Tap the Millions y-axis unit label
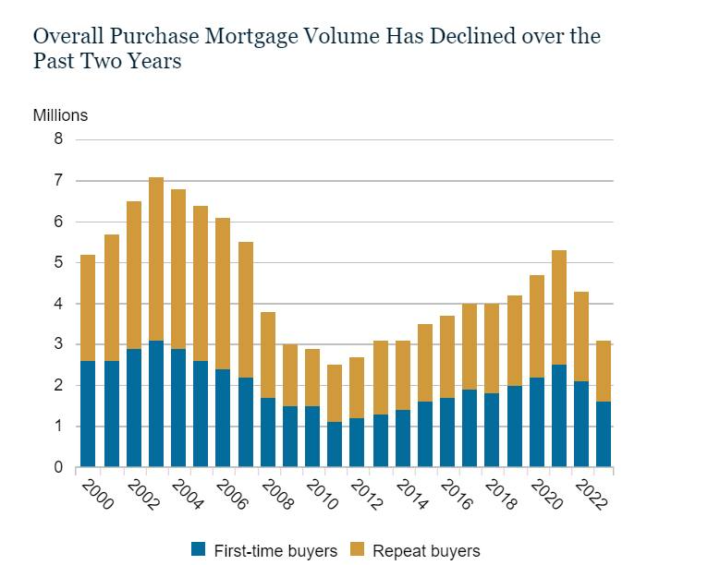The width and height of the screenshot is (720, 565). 60,115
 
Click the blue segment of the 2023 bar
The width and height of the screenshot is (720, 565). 604,434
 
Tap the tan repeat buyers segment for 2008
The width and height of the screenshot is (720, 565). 267,355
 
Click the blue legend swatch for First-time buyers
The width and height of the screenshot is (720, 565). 198,551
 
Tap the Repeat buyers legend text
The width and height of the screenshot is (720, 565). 426,551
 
